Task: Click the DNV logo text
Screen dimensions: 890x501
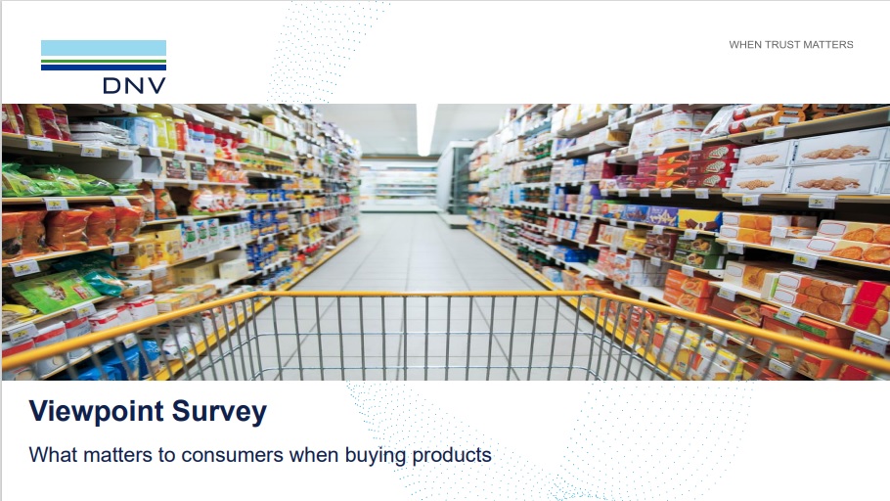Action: click(x=135, y=86)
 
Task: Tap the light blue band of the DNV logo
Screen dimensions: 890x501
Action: click(x=104, y=48)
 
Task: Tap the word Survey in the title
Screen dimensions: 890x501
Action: click(x=219, y=412)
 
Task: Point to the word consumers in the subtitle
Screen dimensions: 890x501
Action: click(x=232, y=455)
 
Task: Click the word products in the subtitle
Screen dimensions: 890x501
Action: click(x=452, y=456)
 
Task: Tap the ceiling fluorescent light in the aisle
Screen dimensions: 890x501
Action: click(x=425, y=129)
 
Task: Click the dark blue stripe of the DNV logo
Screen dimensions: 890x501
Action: click(x=104, y=67)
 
